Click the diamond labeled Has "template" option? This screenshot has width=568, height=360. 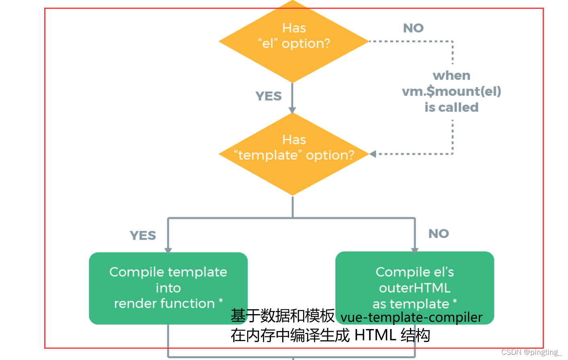pos(293,154)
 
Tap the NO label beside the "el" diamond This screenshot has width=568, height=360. pos(413,28)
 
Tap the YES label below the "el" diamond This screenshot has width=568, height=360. pos(269,96)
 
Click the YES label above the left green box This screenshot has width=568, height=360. pos(143,235)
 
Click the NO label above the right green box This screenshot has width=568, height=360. pos(439,234)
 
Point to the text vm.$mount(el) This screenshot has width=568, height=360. pos(451,91)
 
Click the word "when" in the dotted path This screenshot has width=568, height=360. pos(451,76)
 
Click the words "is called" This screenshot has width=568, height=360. pos(451,107)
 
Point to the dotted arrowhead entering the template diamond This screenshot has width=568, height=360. pos(373,154)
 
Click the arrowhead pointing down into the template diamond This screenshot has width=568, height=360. pos(292,110)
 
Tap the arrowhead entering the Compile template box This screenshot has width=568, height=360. pos(168,250)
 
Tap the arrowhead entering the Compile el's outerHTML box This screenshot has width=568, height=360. pos(415,250)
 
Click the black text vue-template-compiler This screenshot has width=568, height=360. pos(411,317)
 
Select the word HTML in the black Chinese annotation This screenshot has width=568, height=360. pos(375,335)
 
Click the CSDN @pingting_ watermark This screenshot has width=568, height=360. pos(531,352)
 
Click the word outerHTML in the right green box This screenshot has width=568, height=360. pos(414,288)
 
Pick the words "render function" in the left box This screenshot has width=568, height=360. pos(164,304)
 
